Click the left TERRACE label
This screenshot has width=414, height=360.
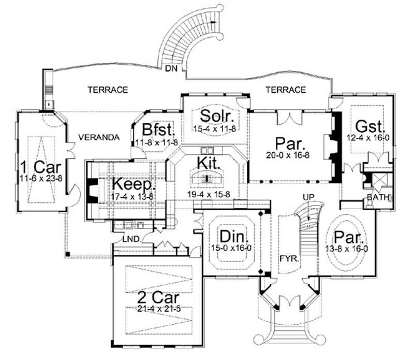point(107,90)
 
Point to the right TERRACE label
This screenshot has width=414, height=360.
point(286,90)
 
